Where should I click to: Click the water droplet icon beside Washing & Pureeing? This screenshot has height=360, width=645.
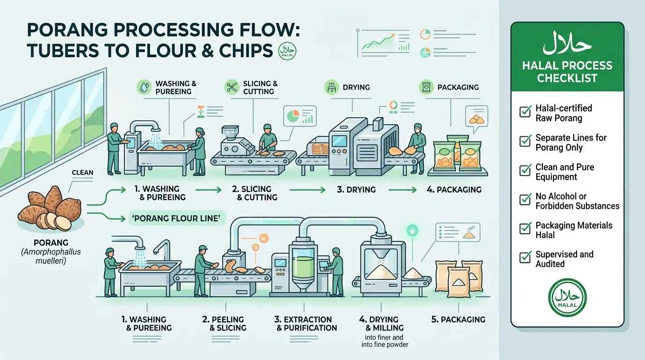(x=144, y=87)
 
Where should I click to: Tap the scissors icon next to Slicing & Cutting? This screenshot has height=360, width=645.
(x=232, y=87)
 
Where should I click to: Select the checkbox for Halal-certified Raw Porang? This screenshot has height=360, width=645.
(x=525, y=111)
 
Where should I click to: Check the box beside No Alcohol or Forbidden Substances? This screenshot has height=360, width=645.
(x=525, y=199)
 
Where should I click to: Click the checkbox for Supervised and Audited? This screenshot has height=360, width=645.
(x=525, y=257)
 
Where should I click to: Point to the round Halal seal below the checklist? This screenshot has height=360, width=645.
(x=567, y=297)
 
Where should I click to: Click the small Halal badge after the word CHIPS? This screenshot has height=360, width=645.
(x=287, y=51)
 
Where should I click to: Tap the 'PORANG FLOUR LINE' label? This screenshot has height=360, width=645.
(x=177, y=218)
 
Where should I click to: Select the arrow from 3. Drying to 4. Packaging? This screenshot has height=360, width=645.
(x=402, y=190)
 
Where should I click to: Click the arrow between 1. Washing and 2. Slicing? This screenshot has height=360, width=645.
(x=208, y=190)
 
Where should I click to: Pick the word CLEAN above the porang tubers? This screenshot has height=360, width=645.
(x=82, y=172)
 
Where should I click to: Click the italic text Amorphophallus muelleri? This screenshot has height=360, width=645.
(x=51, y=256)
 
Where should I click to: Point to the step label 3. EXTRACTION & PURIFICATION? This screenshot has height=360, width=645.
(x=306, y=324)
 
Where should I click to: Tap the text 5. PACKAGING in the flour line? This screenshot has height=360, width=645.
(x=458, y=319)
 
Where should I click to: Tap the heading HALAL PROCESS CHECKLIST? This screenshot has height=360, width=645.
(x=567, y=72)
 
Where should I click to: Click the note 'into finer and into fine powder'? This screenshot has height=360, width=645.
(x=385, y=341)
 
